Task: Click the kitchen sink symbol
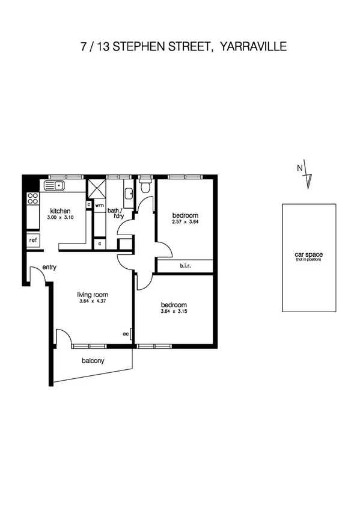click(55, 185)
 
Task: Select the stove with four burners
click(32, 198)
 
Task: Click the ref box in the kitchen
click(32, 240)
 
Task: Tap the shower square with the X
click(96, 189)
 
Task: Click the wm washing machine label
click(99, 205)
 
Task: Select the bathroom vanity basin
click(128, 194)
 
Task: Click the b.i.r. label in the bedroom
click(185, 265)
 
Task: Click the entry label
click(49, 268)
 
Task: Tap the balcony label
click(93, 361)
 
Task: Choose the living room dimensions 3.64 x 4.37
click(93, 301)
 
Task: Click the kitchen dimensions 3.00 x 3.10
click(61, 218)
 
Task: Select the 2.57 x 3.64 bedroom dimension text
click(185, 222)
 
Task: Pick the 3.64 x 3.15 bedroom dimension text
click(174, 311)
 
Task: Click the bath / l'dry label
click(114, 214)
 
